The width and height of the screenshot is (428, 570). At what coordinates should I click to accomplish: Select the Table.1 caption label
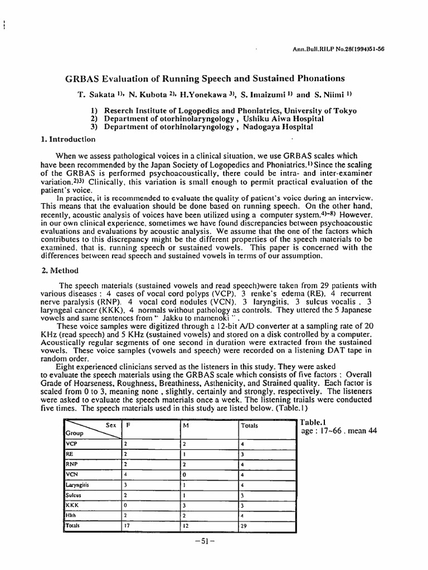(312, 422)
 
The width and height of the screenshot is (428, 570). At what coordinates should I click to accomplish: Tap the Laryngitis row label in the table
(77, 485)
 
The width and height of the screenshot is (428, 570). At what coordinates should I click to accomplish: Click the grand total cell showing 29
(244, 525)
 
